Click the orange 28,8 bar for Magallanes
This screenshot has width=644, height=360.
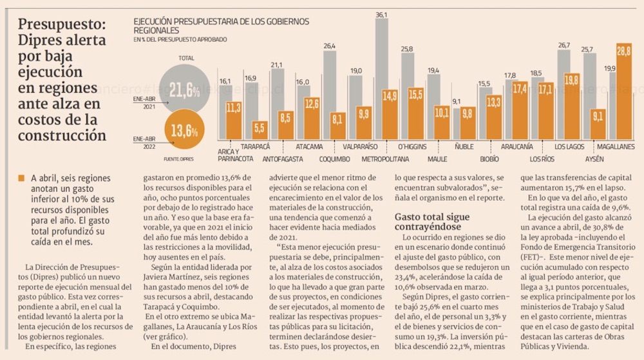624,93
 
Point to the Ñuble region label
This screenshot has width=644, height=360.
464,146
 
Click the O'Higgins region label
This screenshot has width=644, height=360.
412,146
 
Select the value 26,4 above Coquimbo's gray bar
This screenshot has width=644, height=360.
329,46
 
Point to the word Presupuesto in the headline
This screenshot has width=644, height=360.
62,24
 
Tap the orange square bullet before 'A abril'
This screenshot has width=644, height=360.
23,178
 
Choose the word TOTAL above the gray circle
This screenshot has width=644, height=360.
186,58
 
